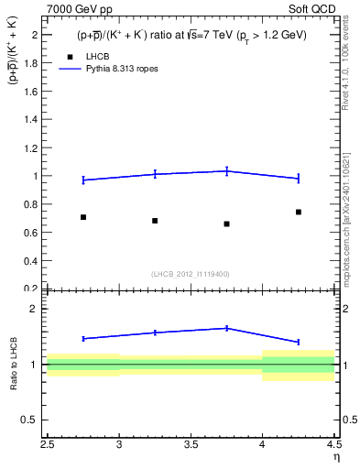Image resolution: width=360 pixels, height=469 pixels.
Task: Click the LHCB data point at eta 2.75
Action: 83,217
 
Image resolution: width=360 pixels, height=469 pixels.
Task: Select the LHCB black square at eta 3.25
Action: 155,221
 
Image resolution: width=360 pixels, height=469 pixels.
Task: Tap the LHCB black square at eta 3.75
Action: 226,224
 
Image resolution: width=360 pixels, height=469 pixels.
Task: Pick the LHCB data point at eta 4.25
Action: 299,212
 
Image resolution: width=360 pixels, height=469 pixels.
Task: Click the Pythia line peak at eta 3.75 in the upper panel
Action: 226,170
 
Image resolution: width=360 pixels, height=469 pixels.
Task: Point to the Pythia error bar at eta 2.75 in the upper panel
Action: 83,180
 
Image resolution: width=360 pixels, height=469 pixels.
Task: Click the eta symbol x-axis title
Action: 336,458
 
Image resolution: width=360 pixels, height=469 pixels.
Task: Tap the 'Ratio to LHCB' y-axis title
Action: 14,365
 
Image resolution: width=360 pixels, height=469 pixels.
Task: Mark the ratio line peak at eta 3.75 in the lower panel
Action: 226,328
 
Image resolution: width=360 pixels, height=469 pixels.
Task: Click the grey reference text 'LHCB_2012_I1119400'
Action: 190,274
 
